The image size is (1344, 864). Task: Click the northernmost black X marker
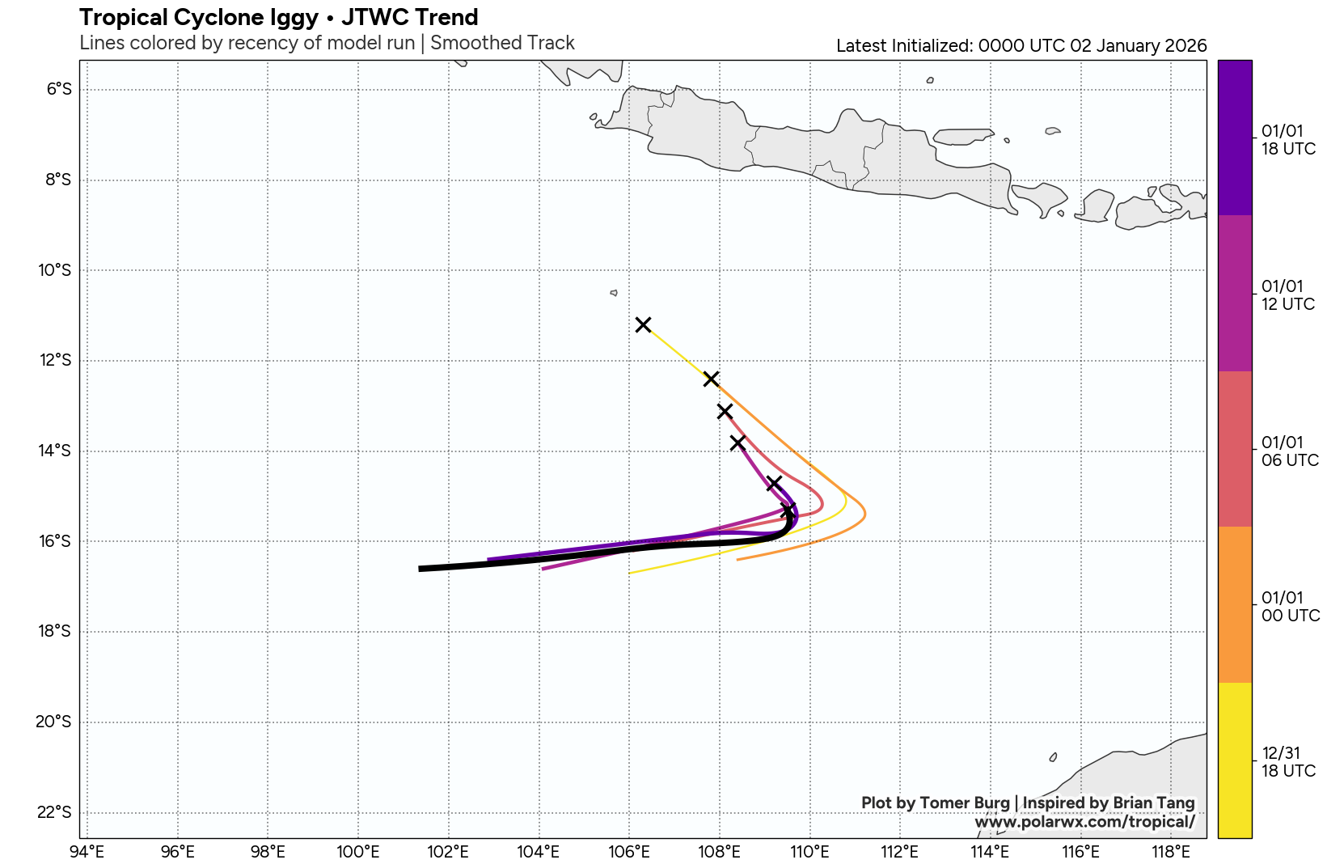click(643, 324)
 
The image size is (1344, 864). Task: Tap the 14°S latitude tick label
click(55, 451)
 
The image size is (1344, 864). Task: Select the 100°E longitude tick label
click(357, 851)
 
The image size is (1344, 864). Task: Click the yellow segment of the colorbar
click(1234, 760)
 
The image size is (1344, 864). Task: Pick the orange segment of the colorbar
click(1234, 604)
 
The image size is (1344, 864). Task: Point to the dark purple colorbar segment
click(1234, 138)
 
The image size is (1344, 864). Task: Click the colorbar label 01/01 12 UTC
click(1287, 295)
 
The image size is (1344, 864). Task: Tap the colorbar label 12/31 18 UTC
click(1288, 762)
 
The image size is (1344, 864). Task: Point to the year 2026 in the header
click(1185, 46)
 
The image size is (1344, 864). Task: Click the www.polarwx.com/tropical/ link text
click(1084, 822)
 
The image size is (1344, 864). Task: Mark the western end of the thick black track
click(421, 569)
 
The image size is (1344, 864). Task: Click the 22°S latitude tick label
click(54, 812)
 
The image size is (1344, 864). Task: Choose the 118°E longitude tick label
click(1170, 851)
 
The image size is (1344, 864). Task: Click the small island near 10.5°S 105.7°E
click(614, 293)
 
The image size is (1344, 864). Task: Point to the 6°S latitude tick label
click(59, 89)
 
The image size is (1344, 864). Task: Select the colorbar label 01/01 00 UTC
click(1291, 607)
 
